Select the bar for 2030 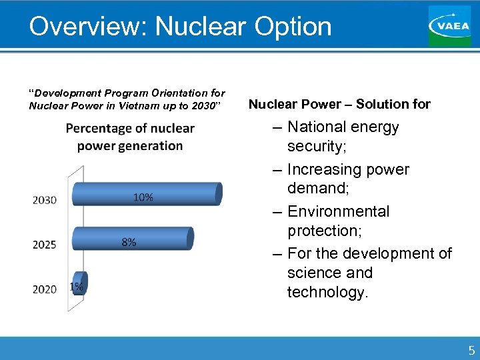point(147,194)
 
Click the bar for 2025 point(133,238)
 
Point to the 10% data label point(143,197)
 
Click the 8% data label point(129,242)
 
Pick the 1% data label point(77,287)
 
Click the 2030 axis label point(45,200)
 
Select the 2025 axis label point(45,245)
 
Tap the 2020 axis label point(45,289)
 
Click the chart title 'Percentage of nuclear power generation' point(130,137)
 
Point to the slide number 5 point(471,350)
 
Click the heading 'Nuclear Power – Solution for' point(339,104)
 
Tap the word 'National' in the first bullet point(317,127)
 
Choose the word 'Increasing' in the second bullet point(324,169)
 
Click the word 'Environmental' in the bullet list point(338,211)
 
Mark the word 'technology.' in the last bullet point(327,292)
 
